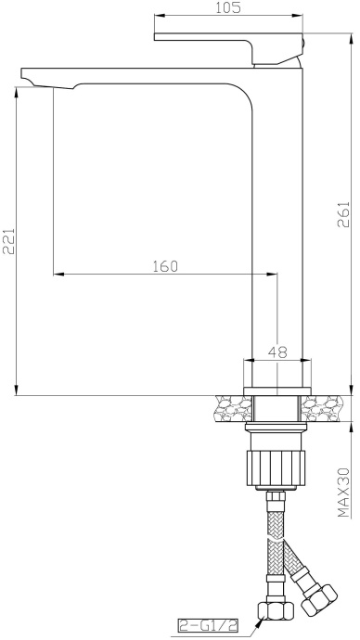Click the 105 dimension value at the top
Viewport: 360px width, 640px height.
(228, 8)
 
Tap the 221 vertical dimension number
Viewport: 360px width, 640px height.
(8, 244)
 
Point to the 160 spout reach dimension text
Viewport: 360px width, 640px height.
(164, 266)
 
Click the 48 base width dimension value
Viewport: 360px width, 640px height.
(276, 352)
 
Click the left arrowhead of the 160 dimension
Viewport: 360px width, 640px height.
(58, 274)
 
